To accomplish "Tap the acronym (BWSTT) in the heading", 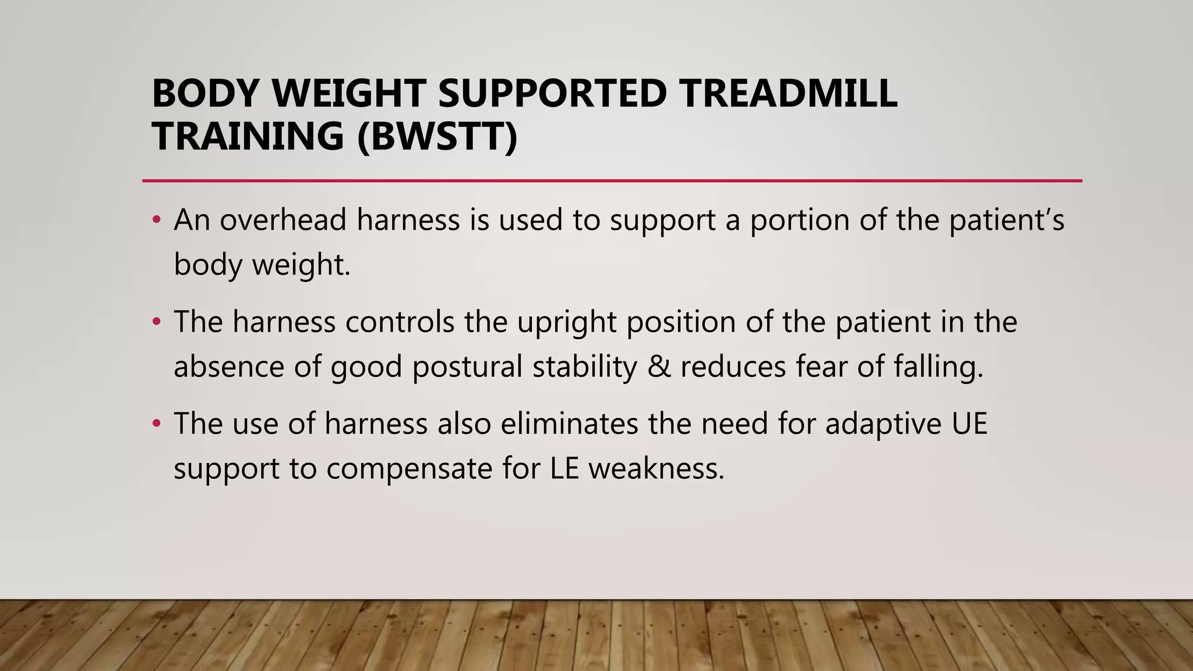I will point(436,136).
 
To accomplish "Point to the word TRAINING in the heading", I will point(248,136).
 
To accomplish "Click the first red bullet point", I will point(156,220).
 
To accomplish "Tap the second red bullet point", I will point(156,322).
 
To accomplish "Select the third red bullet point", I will point(156,424).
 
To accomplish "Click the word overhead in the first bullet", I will point(283,220).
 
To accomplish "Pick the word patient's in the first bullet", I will point(1007,220).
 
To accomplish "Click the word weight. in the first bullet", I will point(301,265).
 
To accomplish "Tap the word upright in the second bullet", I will point(566,322).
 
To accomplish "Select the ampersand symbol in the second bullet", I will point(659,367).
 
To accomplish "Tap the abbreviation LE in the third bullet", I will point(564,469).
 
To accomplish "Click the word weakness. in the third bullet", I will point(656,469).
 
